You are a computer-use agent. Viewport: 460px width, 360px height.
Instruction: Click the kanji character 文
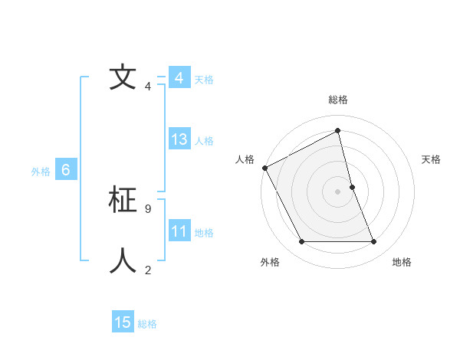[123, 77]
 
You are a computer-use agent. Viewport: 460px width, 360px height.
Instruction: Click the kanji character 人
[123, 260]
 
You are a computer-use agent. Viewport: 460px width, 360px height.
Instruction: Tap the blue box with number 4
[179, 78]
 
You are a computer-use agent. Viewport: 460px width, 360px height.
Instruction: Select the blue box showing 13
[179, 139]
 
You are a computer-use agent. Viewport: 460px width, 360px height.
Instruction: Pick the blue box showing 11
[179, 231]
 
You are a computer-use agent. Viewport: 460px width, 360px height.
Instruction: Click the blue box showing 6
[66, 170]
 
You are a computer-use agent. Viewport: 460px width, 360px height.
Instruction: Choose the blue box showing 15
[123, 322]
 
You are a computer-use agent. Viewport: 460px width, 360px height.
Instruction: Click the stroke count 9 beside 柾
[147, 208]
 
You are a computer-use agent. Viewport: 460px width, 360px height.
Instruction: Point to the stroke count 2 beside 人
[147, 270]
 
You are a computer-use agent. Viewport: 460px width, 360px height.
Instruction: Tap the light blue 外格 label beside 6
[41, 172]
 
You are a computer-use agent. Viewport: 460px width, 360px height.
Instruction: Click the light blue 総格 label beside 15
[147, 324]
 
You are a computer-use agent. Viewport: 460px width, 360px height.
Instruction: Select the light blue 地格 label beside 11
[204, 233]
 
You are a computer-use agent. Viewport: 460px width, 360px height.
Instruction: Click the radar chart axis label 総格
[338, 100]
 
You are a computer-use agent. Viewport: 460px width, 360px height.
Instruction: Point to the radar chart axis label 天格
[431, 159]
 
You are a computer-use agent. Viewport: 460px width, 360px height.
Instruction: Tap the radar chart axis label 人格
[245, 159]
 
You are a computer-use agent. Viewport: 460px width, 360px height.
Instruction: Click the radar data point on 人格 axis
[264, 168]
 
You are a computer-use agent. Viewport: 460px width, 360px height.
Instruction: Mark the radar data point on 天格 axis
[352, 187]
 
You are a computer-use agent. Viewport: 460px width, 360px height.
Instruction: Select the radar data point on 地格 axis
[373, 242]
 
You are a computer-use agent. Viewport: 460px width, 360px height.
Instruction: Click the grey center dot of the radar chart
[337, 191]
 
